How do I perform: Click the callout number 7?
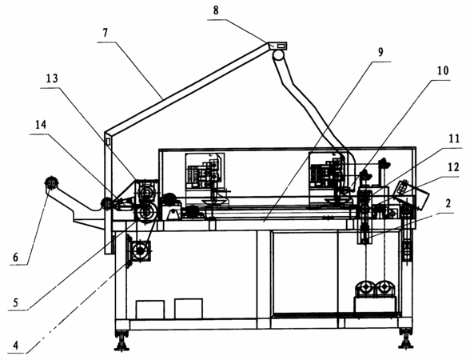[x=105, y=33]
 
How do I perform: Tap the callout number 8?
[x=216, y=10]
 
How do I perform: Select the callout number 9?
[x=380, y=52]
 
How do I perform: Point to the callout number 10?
[x=443, y=70]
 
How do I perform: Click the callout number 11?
[x=454, y=138]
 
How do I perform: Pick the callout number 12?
[x=454, y=167]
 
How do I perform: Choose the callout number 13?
[x=51, y=78]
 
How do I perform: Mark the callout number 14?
[x=41, y=125]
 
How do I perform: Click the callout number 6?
[x=15, y=257]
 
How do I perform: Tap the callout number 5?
[x=16, y=302]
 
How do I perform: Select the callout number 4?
[x=16, y=346]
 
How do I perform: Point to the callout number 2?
[x=448, y=203]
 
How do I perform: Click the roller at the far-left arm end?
[x=52, y=182]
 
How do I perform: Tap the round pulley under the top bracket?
[x=278, y=55]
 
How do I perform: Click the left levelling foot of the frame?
[x=121, y=340]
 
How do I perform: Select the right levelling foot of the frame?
[x=405, y=338]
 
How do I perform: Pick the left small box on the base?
[x=150, y=310]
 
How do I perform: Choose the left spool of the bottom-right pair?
[x=365, y=287]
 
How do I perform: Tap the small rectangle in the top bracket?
[x=281, y=46]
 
